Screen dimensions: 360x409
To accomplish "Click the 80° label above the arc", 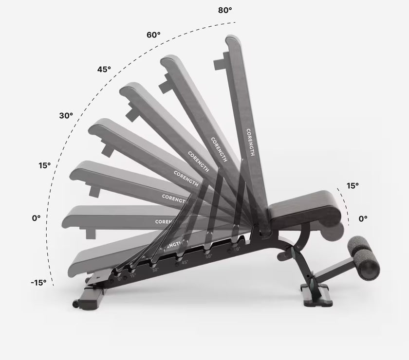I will point(225,10).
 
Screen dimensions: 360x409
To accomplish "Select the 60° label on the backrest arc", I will point(153,35).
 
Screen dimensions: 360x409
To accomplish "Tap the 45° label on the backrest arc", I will point(104,69).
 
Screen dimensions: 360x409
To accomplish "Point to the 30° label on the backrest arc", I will point(66,116).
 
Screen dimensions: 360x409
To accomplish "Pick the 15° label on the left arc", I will point(44,165).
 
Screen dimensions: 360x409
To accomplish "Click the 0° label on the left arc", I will point(37,218).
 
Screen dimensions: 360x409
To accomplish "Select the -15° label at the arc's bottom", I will point(38,282).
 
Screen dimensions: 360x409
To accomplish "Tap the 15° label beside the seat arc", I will point(353,185).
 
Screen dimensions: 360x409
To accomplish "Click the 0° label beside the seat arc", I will point(363,219).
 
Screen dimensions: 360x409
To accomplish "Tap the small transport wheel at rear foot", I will point(75,305).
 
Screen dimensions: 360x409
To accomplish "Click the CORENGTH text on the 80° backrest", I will point(250,143).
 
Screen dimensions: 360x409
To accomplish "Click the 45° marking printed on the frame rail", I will point(185,262).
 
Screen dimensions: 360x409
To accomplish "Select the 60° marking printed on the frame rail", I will point(208,256).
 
